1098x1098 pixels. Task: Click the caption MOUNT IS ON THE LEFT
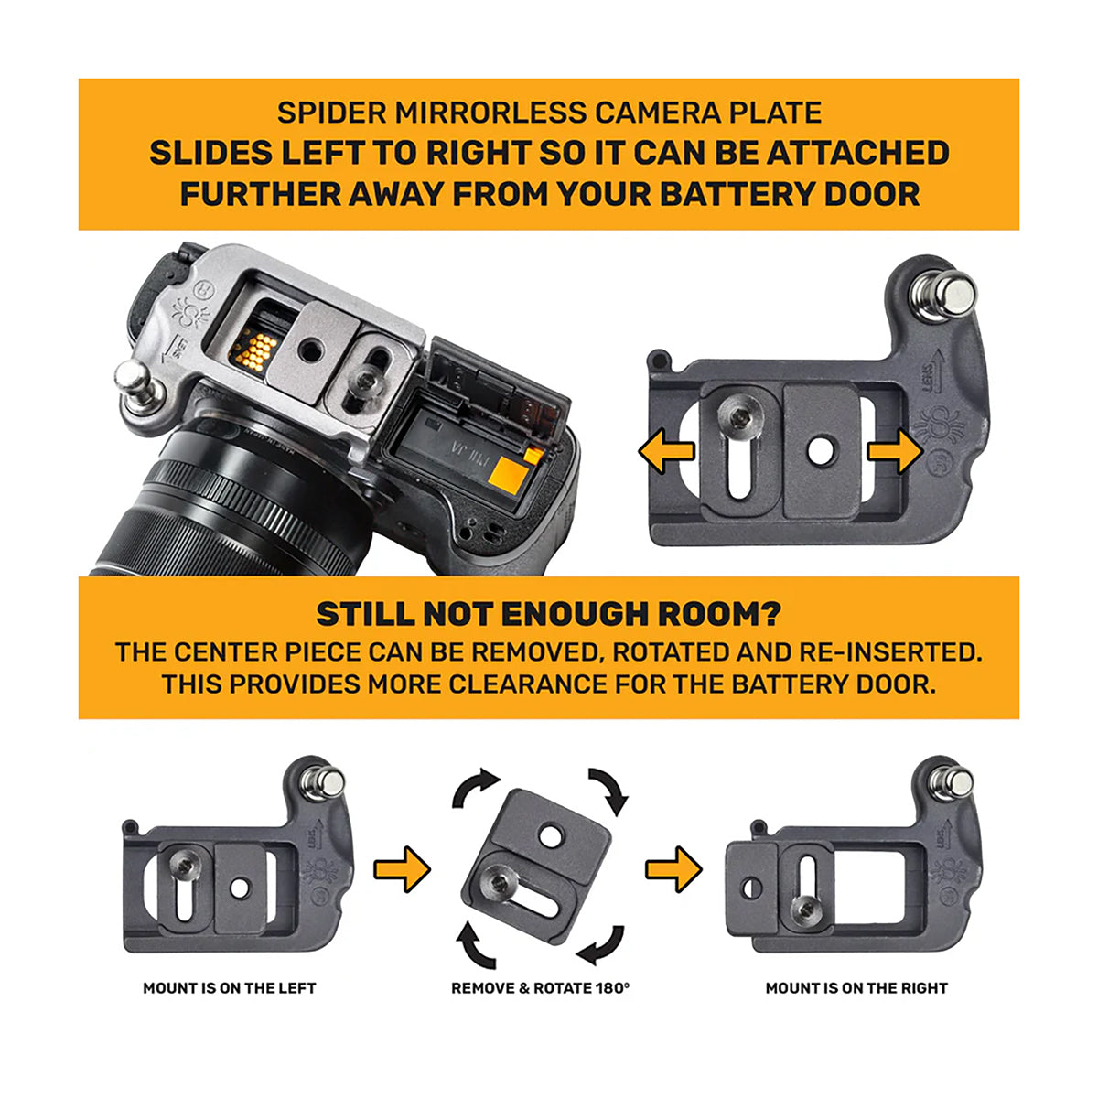coord(230,988)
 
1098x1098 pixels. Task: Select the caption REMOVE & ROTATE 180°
coord(541,988)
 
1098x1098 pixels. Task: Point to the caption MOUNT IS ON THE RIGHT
coord(856,988)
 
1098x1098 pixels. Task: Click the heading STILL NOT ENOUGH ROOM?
coord(548,614)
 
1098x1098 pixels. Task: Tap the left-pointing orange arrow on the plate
coord(665,452)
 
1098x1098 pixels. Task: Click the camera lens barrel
coord(220,512)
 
